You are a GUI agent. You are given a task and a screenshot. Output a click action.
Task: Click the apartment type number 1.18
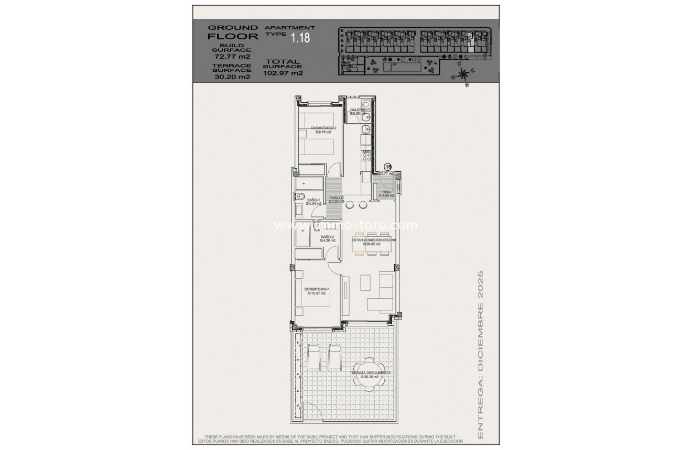tap(300, 37)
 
